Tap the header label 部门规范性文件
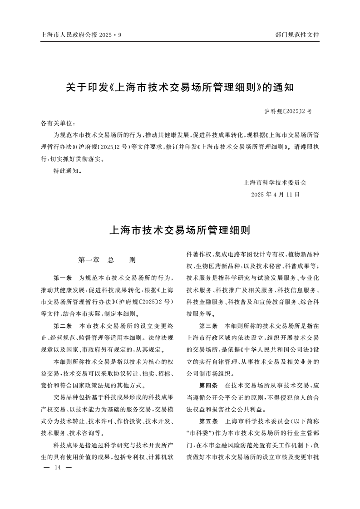pos(297,34)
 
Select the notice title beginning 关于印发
pos(180,88)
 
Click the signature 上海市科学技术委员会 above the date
pos(275,183)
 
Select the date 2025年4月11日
pos(275,195)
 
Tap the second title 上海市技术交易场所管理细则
pos(180,230)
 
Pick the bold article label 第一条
pos(63,277)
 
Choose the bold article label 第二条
pos(63,326)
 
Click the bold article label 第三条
pos(208,326)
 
